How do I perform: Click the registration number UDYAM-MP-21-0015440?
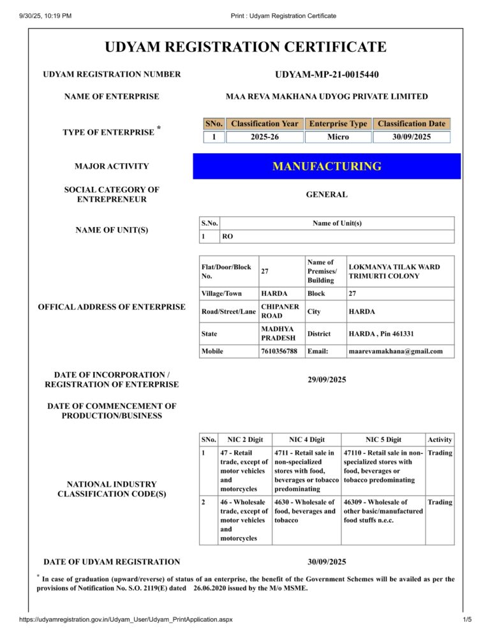point(327,75)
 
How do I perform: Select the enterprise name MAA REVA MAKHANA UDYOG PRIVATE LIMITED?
point(327,96)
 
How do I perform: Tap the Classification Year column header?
point(264,124)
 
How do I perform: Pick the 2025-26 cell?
point(264,137)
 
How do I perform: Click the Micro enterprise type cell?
point(338,137)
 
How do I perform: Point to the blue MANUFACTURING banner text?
point(327,166)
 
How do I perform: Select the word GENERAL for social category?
point(327,195)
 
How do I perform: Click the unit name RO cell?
point(227,237)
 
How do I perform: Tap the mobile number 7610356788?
point(279,351)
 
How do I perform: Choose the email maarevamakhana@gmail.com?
point(396,351)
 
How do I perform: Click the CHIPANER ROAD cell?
point(280,311)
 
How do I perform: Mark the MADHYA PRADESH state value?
point(280,333)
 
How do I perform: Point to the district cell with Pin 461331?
point(381,334)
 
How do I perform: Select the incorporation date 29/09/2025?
point(327,380)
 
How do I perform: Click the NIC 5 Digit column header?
point(383,439)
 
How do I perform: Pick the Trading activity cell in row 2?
point(440,503)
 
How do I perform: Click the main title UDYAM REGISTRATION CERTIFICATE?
point(246,47)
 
